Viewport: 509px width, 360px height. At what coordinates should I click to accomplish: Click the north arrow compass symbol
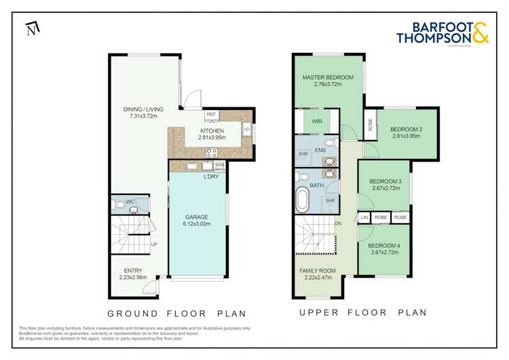[x=31, y=28]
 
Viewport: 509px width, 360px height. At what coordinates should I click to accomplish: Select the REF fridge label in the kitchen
[x=211, y=115]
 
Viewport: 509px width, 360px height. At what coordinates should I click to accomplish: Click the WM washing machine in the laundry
[x=219, y=165]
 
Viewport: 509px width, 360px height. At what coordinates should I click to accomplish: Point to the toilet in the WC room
[x=120, y=204]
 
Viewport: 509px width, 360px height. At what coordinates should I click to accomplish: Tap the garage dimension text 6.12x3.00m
[x=196, y=223]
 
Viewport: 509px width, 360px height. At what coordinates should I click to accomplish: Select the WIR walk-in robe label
[x=317, y=122]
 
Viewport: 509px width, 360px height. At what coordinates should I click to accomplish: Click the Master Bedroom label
[x=328, y=77]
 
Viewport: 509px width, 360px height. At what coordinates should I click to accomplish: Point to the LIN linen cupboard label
[x=364, y=217]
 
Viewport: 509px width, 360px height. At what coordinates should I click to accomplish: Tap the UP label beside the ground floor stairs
[x=155, y=245]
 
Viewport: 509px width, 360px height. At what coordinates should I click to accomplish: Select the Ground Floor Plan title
[x=176, y=313]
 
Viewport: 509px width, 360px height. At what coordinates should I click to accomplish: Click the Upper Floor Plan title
[x=363, y=313]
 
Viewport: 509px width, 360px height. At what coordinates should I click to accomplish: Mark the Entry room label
[x=133, y=270]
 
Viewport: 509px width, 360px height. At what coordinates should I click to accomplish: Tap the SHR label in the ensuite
[x=303, y=154]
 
